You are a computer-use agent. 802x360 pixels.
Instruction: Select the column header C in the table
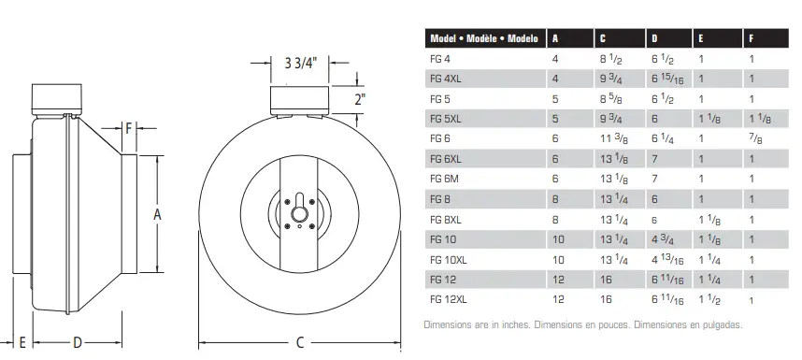[603, 39]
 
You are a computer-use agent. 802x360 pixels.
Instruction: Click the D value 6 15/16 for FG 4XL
[666, 79]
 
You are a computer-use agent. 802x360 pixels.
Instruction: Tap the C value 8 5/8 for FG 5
[610, 98]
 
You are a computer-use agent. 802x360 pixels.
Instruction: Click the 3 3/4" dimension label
[300, 64]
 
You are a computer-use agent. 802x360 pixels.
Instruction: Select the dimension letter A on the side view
[158, 214]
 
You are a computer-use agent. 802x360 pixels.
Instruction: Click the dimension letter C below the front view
[300, 343]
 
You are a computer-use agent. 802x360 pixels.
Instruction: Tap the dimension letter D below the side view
[79, 343]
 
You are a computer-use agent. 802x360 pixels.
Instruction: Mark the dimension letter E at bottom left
[21, 343]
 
